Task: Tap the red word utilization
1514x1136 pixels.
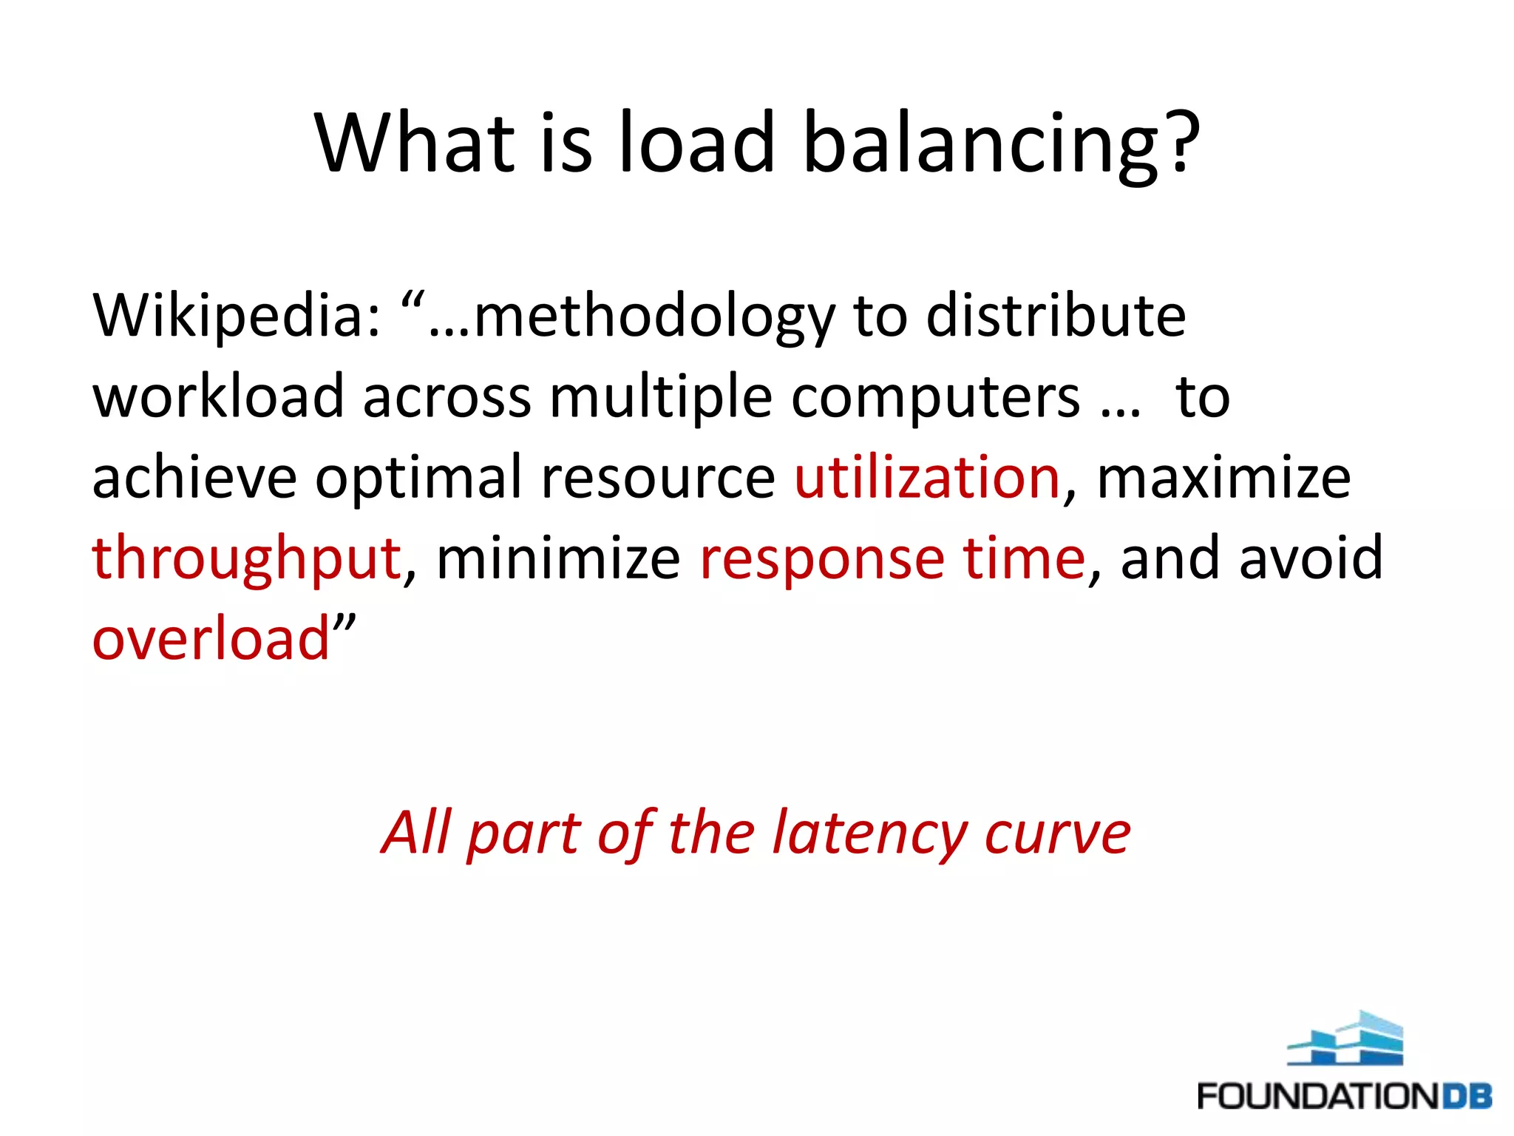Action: tap(927, 478)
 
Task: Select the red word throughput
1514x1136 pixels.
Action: tap(247, 559)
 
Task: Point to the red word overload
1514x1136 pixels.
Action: tap(211, 639)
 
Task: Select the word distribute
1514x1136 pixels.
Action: tap(1056, 317)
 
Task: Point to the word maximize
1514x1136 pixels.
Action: tap(1223, 479)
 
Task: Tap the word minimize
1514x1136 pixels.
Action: tap(558, 558)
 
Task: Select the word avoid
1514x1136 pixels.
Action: tap(1310, 558)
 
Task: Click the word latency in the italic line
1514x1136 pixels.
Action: tap(869, 834)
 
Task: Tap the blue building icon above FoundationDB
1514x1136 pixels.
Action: tap(1345, 1039)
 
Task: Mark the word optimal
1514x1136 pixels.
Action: tap(418, 479)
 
